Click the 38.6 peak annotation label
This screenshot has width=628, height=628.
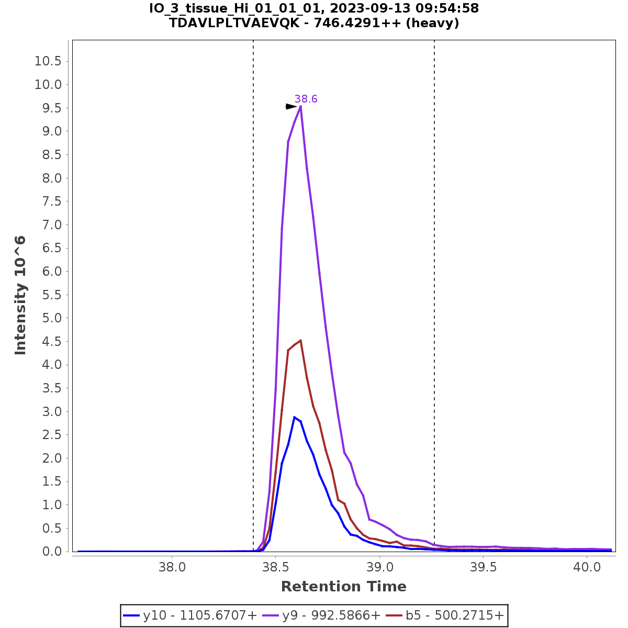click(x=306, y=99)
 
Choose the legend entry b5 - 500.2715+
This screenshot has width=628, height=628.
click(x=445, y=616)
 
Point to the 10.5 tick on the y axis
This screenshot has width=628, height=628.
click(x=48, y=62)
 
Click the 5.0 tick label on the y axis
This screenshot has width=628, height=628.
click(x=48, y=318)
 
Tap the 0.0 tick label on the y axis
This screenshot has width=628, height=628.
click(x=48, y=552)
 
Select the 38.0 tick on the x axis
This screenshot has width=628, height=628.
click(x=172, y=567)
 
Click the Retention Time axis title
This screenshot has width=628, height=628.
click(x=343, y=587)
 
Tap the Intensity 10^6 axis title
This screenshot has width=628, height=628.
click(x=20, y=296)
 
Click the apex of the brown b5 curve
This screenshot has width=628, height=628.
click(x=300, y=341)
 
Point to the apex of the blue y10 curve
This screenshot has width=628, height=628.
click(x=295, y=417)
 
